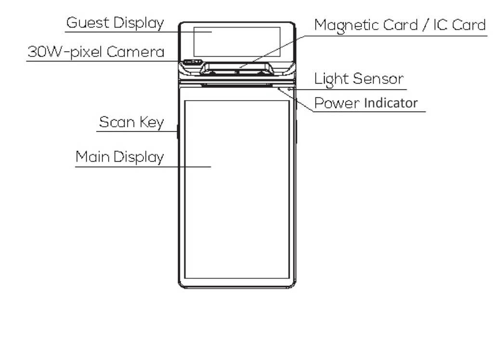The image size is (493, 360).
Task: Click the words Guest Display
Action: pyautogui.click(x=115, y=23)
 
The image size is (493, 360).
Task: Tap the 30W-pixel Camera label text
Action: pyautogui.click(x=96, y=52)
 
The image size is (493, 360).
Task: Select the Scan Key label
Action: pyautogui.click(x=131, y=122)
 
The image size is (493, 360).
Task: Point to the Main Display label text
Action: pyautogui.click(x=119, y=157)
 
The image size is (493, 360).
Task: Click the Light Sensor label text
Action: pyautogui.click(x=359, y=78)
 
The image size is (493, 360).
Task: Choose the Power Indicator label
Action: pyautogui.click(x=366, y=103)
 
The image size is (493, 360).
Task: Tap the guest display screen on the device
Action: pyautogui.click(x=237, y=41)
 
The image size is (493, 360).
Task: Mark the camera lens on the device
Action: pyautogui.click(x=192, y=63)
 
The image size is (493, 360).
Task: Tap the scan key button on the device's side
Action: pyautogui.click(x=178, y=131)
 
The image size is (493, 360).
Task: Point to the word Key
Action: pyautogui.click(x=152, y=123)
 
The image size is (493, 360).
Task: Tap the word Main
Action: pyautogui.click(x=92, y=157)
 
